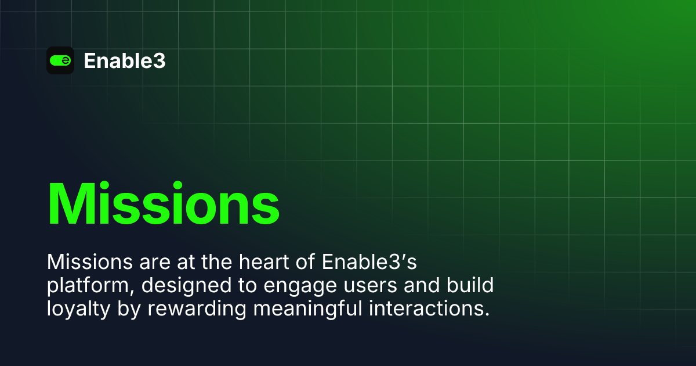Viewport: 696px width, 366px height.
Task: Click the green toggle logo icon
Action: point(60,60)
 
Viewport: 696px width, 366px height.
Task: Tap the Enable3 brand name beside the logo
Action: point(125,60)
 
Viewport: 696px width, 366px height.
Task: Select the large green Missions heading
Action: point(163,204)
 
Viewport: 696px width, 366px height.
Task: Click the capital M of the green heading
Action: point(74,204)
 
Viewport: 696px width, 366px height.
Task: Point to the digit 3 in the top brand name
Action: point(159,60)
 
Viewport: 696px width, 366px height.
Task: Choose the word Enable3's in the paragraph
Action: point(369,263)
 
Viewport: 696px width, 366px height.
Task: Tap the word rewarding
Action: point(186,309)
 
